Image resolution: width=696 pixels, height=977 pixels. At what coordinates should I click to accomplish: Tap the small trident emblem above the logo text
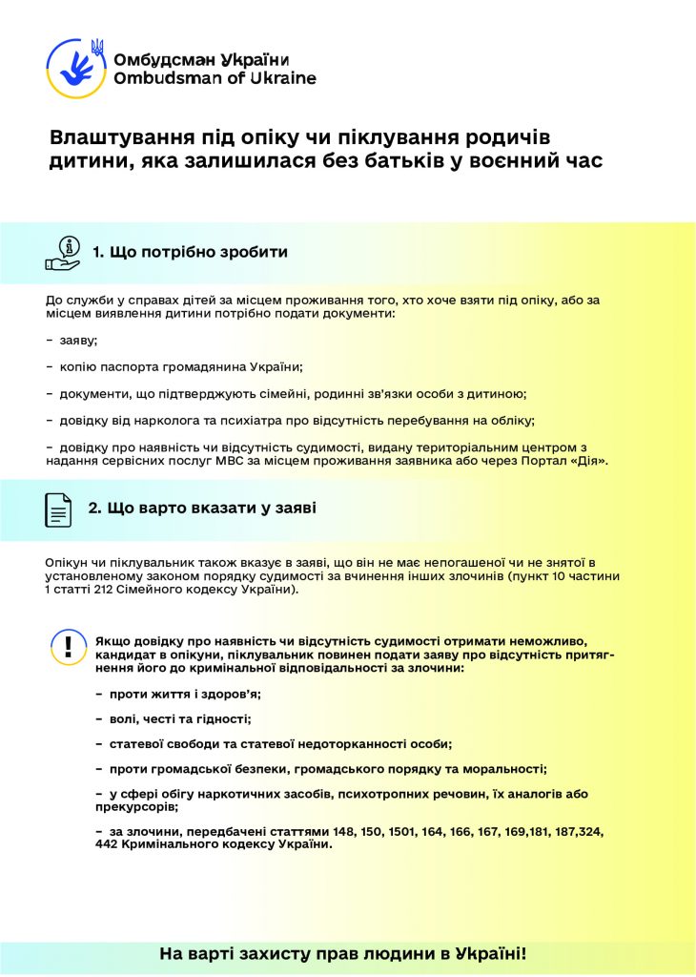[x=97, y=47]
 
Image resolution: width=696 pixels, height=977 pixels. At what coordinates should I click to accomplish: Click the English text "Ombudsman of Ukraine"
[x=215, y=78]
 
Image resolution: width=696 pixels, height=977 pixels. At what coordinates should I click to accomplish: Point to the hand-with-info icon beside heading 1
[x=64, y=253]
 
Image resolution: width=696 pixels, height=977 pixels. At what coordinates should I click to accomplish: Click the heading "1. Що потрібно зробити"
[x=190, y=252]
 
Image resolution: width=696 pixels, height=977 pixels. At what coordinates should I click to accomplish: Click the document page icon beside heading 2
[x=59, y=509]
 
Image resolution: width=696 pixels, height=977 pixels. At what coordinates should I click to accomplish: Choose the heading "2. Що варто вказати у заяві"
[x=202, y=509]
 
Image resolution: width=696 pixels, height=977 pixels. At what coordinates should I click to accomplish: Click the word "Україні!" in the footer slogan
[x=485, y=954]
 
